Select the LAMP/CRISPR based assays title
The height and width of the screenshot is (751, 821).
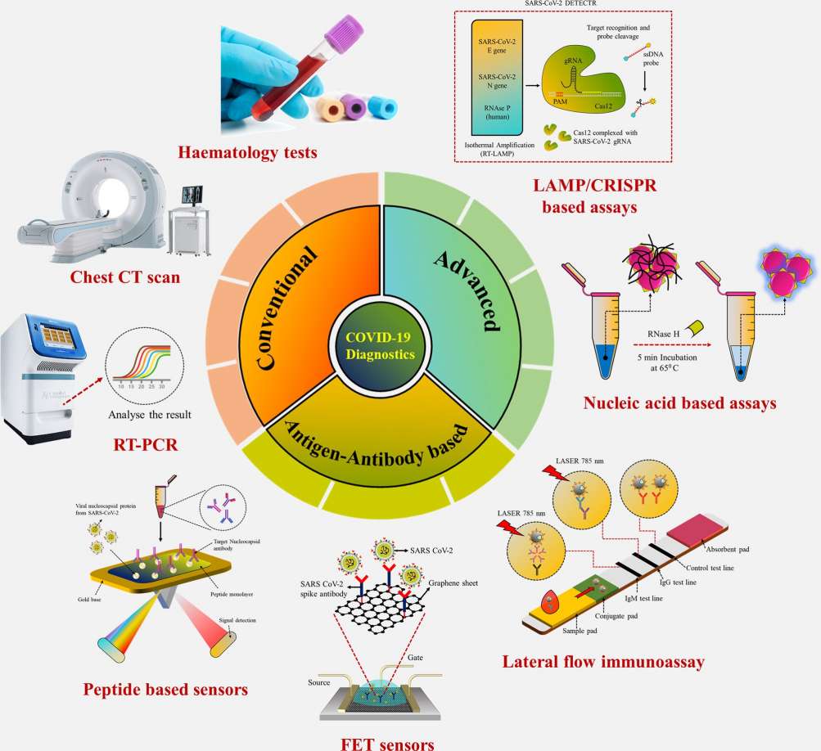point(589,196)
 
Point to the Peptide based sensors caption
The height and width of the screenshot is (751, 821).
point(165,690)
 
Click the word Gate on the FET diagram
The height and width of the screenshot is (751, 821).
point(415,656)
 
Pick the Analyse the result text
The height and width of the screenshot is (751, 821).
point(150,415)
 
